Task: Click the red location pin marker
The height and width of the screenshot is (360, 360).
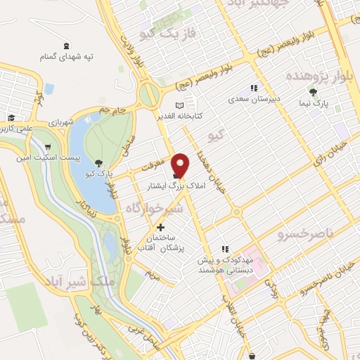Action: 181,165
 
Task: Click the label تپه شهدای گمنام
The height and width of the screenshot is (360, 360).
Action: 66,55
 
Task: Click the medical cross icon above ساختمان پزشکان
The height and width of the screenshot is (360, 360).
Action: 161,227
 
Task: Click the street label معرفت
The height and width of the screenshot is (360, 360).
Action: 149,167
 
